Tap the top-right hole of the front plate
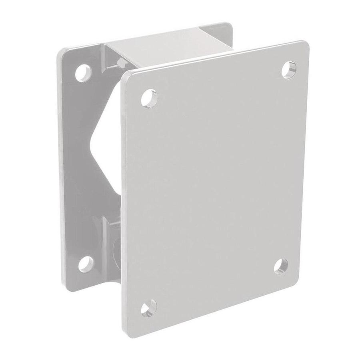(288, 69)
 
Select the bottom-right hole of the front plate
(281, 266)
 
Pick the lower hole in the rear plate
(86, 264)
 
